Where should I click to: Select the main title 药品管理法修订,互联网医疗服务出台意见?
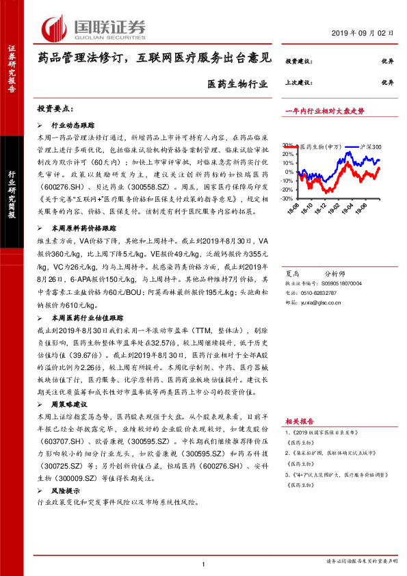click(155, 60)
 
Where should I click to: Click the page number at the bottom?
click(204, 564)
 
